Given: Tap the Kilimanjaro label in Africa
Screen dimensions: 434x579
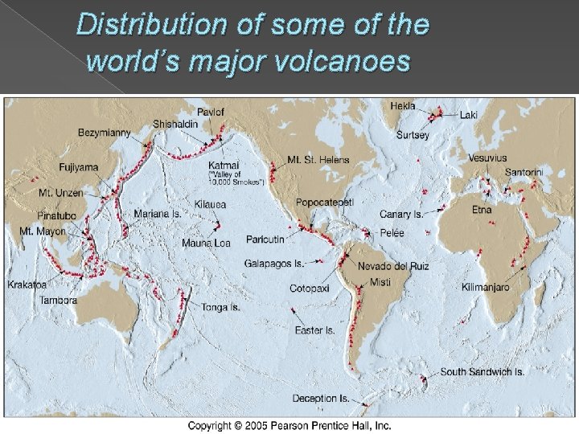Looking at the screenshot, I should click(485, 287).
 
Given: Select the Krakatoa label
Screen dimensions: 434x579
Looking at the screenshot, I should click(27, 285).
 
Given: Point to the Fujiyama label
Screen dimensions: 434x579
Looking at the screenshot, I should click(79, 167).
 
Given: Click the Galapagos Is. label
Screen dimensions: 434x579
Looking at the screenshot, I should click(274, 263).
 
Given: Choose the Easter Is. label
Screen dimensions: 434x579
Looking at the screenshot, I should click(314, 330).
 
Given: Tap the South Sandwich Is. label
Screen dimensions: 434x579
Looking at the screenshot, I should click(482, 372).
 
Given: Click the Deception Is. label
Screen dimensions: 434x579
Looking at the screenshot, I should click(320, 399).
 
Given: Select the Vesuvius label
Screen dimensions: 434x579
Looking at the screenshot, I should click(487, 158).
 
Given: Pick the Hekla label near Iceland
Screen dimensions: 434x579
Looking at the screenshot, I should click(403, 105).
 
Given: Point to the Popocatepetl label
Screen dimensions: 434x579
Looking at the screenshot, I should click(324, 202).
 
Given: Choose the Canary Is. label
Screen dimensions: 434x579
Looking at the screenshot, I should click(401, 215).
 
